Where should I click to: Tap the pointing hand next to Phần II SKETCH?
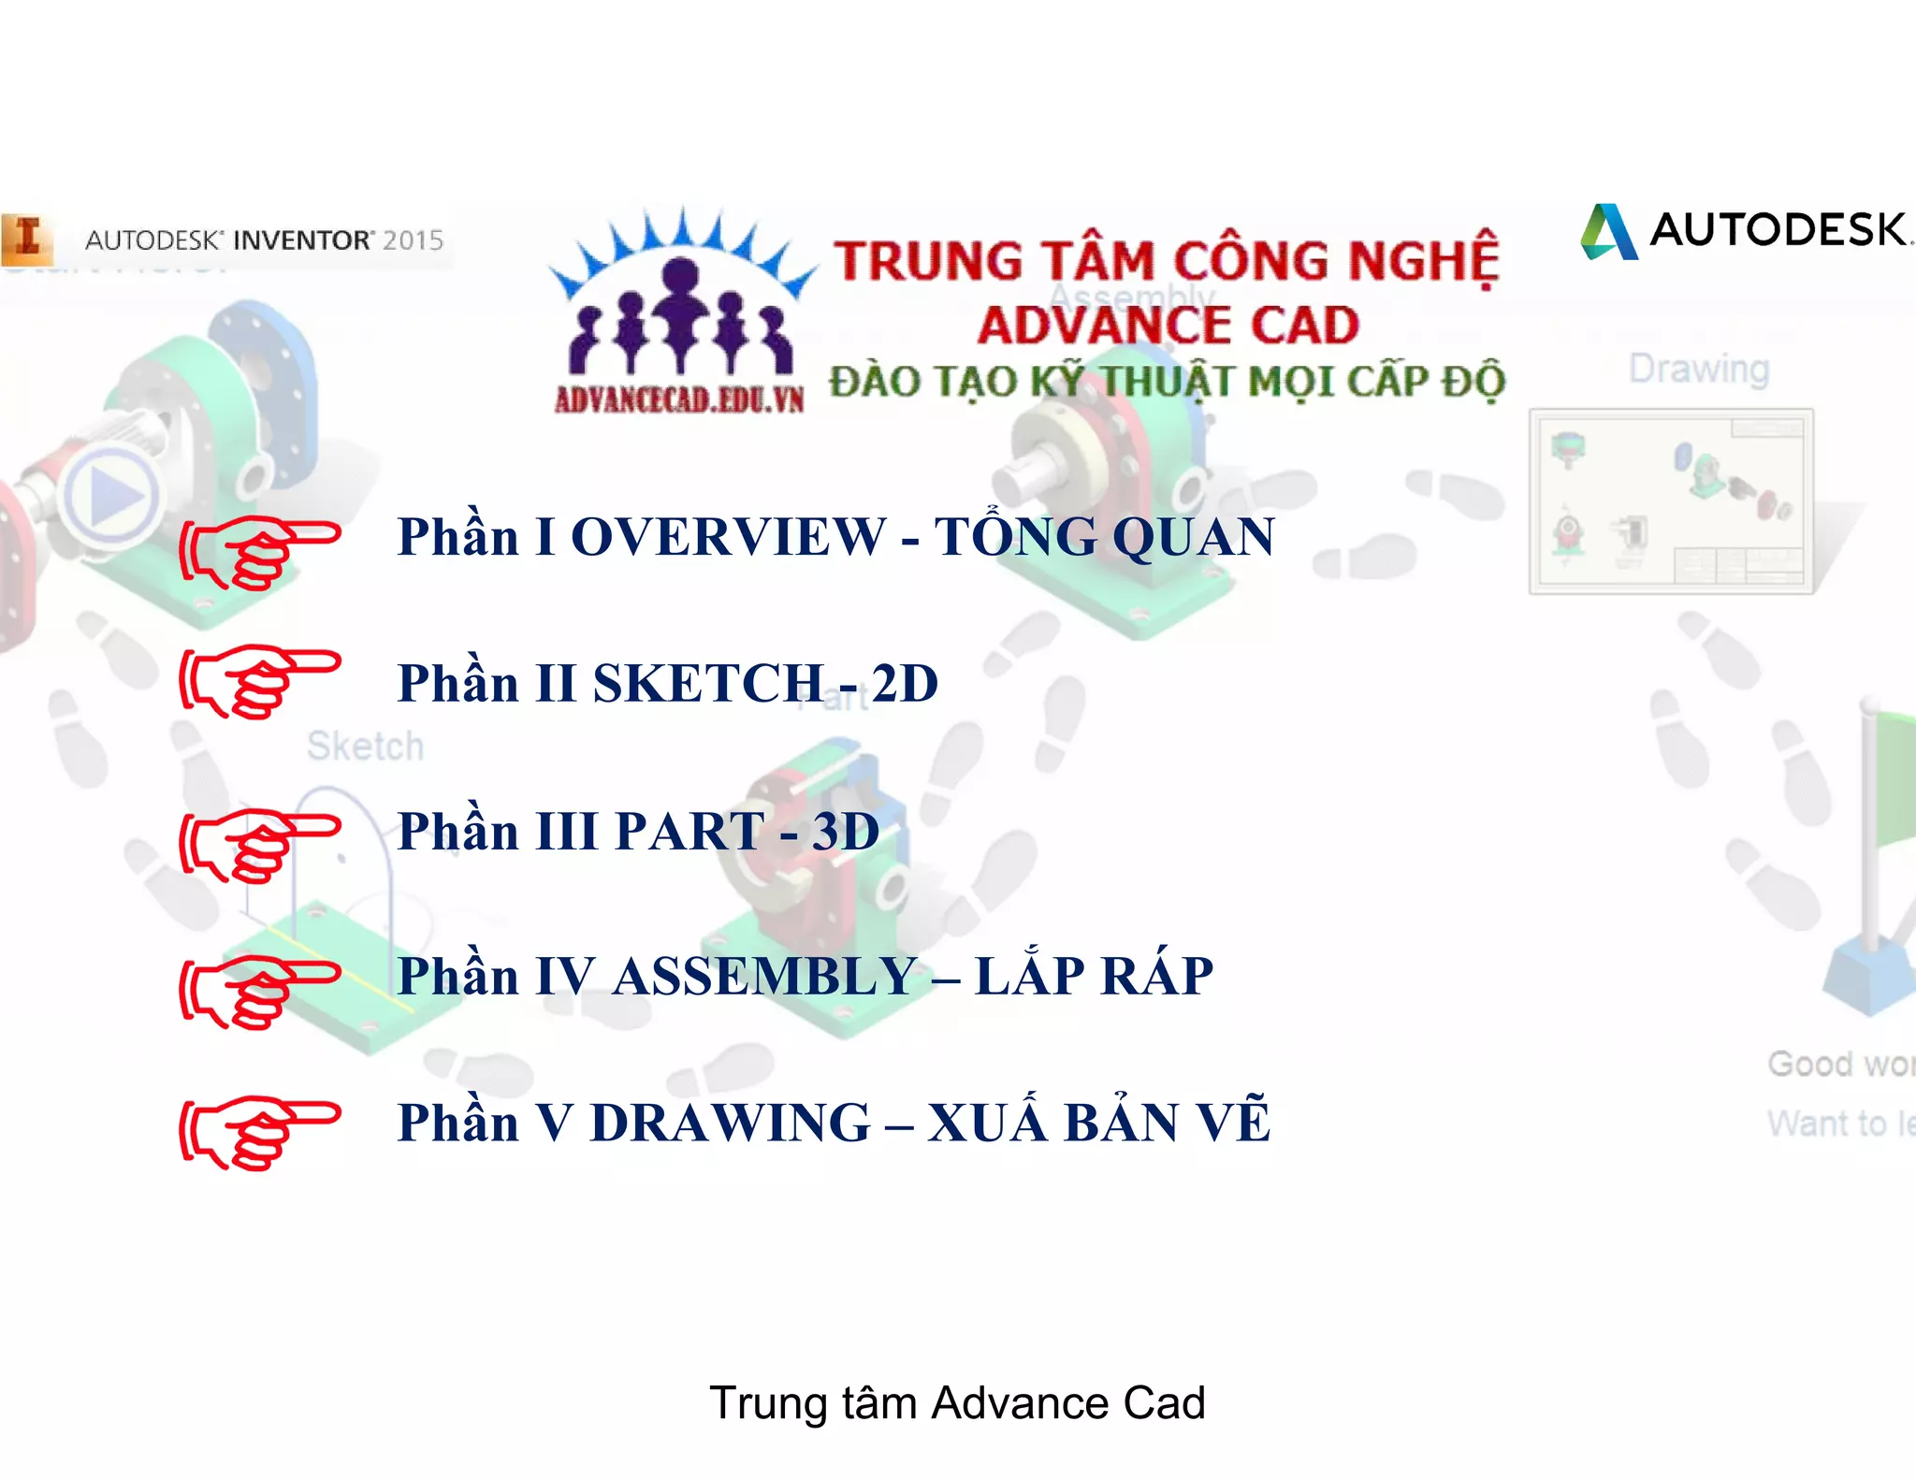(x=258, y=680)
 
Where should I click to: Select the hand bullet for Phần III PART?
(x=258, y=845)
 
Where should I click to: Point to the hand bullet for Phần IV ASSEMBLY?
(x=258, y=991)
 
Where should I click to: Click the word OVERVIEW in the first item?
(x=727, y=537)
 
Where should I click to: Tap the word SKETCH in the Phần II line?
(x=707, y=683)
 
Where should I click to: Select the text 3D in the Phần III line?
(x=846, y=831)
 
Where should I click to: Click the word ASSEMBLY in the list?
(x=764, y=977)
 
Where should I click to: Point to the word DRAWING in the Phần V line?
(x=731, y=1123)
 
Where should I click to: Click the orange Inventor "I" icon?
(x=26, y=238)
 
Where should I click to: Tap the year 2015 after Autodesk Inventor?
(x=413, y=240)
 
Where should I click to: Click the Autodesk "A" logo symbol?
(x=1609, y=231)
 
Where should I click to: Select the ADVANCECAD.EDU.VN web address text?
(x=679, y=399)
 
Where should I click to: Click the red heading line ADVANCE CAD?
(x=1168, y=326)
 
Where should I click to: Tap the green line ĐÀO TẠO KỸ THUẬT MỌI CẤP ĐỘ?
(x=1167, y=382)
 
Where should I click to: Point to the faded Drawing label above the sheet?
(x=1699, y=369)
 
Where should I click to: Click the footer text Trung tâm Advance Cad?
(x=957, y=1402)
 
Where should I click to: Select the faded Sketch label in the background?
(x=365, y=747)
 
